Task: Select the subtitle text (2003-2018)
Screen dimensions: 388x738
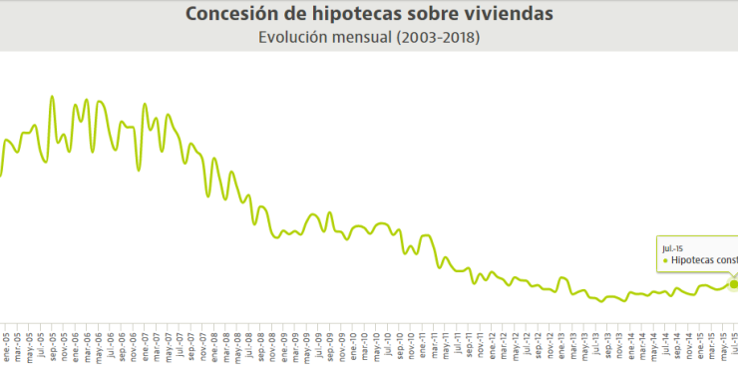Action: [437, 38]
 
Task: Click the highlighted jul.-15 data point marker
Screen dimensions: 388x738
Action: [734, 284]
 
